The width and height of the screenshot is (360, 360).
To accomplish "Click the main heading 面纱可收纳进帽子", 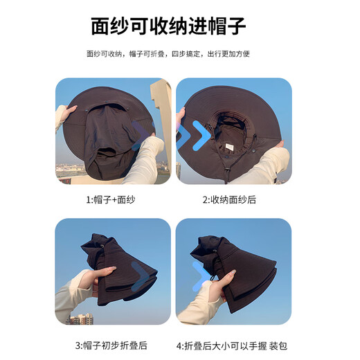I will (x=168, y=26).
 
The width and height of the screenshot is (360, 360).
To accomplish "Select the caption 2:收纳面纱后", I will (x=229, y=200).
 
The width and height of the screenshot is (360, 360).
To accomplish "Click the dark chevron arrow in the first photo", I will (x=142, y=133).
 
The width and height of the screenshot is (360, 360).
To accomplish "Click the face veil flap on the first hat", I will (x=104, y=138).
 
